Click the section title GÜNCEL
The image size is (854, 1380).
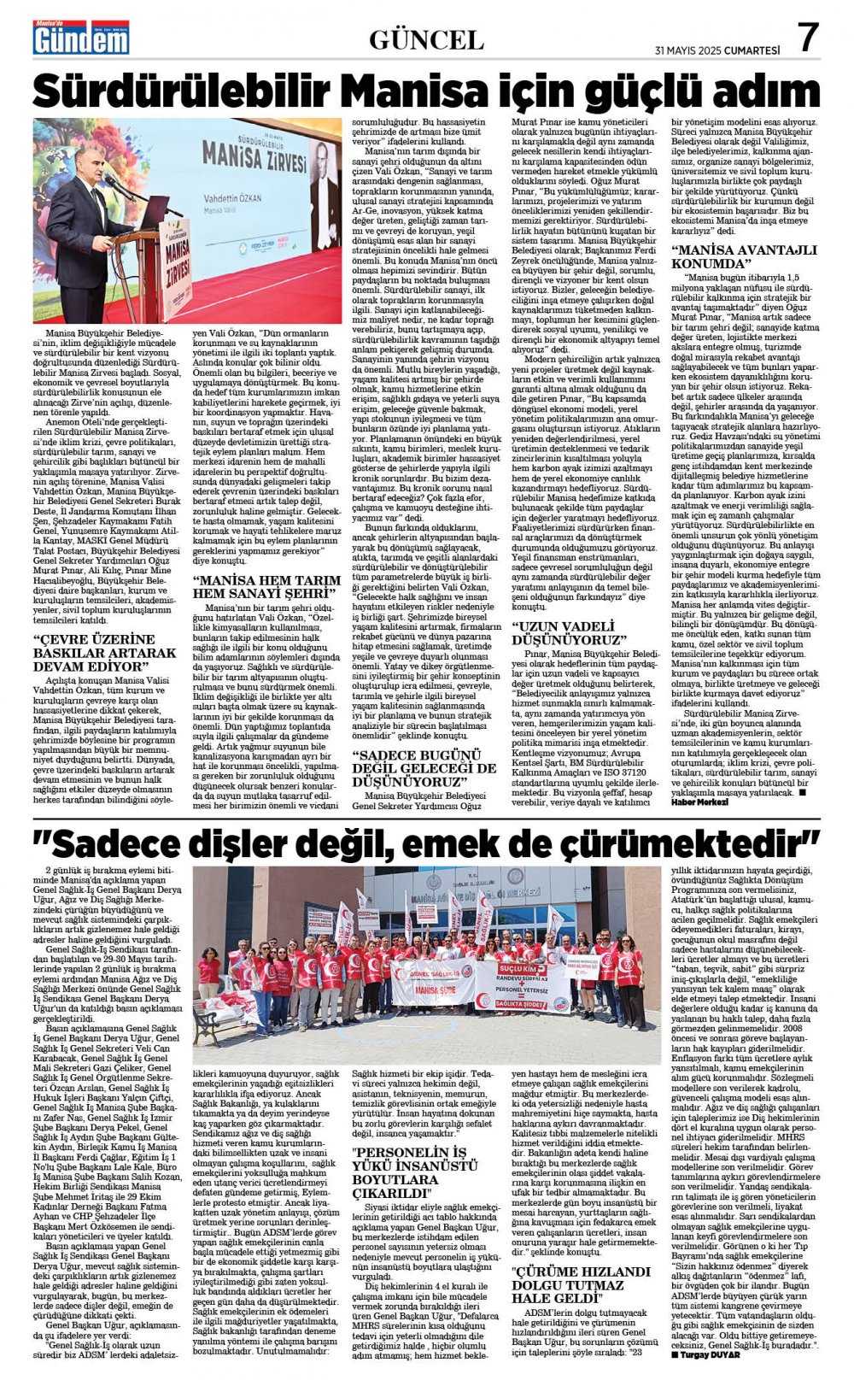coord(426,39)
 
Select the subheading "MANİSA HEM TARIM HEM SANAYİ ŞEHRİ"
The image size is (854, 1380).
coord(266,585)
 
